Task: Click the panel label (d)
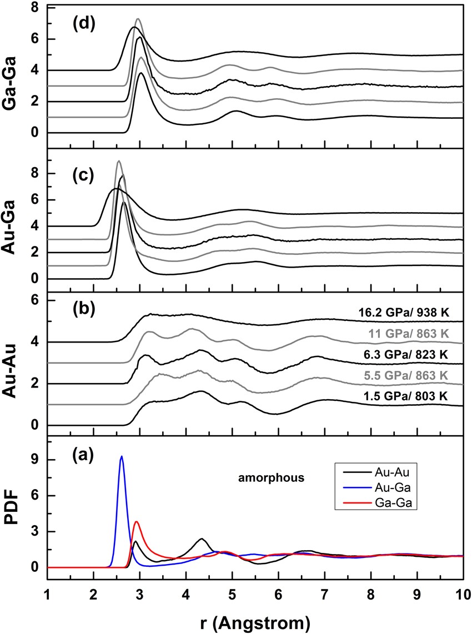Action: (80, 26)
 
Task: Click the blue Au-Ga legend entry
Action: (388, 486)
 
